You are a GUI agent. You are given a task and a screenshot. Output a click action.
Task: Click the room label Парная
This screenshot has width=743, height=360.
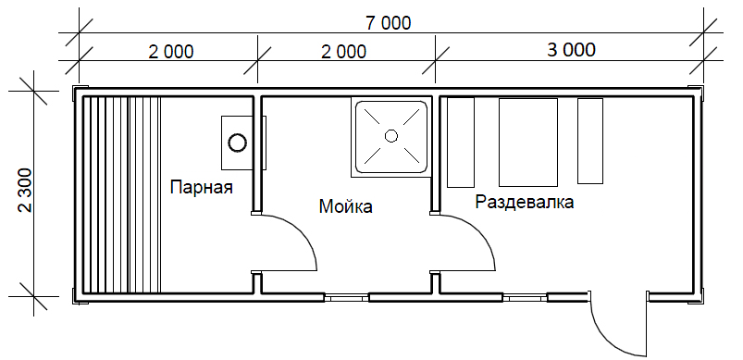(202, 187)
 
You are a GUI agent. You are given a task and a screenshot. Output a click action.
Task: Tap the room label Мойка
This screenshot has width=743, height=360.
(345, 206)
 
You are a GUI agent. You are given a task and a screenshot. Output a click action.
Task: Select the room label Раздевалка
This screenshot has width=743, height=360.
(525, 203)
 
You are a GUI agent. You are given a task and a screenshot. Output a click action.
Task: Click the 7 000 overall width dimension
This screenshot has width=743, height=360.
(388, 23)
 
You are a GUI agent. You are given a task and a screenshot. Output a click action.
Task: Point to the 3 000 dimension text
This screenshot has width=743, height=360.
(571, 50)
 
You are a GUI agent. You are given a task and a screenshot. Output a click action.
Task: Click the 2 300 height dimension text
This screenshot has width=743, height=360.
(25, 190)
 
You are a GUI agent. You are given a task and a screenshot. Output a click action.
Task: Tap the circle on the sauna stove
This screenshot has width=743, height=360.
(237, 143)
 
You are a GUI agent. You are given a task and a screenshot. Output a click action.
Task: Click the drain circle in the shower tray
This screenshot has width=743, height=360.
(390, 136)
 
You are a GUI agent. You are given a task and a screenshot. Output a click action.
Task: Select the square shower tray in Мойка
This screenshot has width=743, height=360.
(390, 137)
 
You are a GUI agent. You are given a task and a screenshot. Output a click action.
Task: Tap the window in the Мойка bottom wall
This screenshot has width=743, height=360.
(346, 297)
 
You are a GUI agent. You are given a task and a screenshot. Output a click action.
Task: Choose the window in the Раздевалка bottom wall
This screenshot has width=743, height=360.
(525, 297)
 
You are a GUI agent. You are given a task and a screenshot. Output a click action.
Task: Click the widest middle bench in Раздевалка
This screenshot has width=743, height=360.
(527, 143)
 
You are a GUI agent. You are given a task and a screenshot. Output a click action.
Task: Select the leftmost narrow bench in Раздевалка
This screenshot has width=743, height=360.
(461, 143)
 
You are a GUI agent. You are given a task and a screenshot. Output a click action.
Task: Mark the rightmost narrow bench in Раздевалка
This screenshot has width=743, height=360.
(590, 141)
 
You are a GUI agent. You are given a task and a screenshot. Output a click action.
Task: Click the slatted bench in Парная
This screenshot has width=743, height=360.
(122, 194)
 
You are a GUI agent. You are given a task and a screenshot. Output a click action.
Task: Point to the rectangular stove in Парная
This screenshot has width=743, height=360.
(243, 143)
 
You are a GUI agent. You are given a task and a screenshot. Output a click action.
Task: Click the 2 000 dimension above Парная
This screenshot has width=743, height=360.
(170, 52)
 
